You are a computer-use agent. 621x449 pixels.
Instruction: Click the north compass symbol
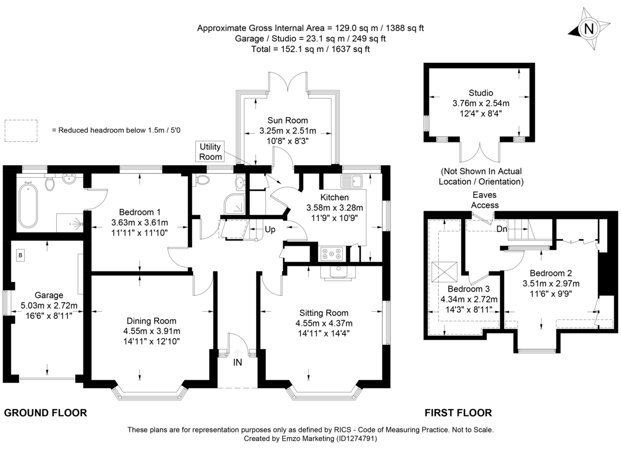[588, 28]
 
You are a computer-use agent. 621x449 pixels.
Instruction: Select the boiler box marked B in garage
[21, 255]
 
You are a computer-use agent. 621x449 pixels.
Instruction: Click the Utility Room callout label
[211, 152]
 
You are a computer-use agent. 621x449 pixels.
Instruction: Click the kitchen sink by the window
[353, 182]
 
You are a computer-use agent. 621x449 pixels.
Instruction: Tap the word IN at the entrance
[237, 363]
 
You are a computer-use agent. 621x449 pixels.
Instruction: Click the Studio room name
[481, 93]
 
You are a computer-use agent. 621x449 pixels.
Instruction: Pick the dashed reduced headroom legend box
[21, 131]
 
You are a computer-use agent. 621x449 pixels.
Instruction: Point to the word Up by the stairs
[270, 228]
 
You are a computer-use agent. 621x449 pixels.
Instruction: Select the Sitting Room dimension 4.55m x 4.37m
[324, 323]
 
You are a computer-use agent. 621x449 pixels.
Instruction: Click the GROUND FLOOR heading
[45, 413]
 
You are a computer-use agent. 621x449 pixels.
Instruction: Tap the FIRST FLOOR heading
[458, 413]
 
